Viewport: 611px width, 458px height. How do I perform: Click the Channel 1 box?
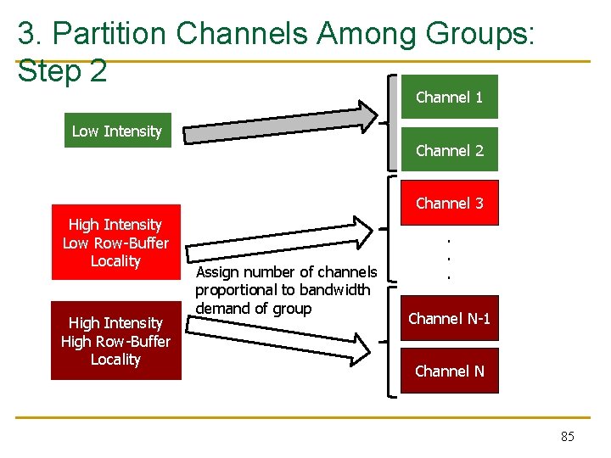(x=449, y=97)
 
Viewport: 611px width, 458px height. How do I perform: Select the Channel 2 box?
(x=449, y=150)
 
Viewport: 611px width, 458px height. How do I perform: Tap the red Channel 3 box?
(x=449, y=203)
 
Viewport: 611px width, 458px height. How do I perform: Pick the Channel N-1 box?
(x=449, y=319)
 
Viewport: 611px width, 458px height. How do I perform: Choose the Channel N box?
(x=449, y=371)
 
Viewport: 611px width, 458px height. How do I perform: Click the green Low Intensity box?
(x=117, y=131)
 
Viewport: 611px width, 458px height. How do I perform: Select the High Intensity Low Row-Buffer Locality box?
(x=115, y=243)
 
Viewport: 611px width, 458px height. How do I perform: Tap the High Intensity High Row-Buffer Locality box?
(x=115, y=341)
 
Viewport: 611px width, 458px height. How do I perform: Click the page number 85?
(x=568, y=436)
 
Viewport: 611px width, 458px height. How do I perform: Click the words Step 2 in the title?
(x=62, y=70)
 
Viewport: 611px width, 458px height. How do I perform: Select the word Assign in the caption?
(x=219, y=272)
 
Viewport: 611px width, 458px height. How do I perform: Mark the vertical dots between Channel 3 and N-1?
(x=449, y=258)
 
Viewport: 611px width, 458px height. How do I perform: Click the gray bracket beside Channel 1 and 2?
(x=393, y=123)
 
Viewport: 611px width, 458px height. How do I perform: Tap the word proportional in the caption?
(x=237, y=290)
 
